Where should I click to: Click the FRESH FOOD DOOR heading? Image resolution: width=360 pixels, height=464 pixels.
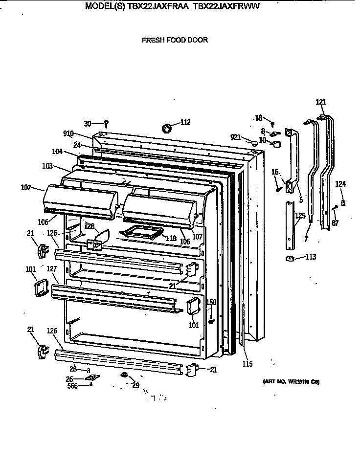pyautogui.click(x=175, y=40)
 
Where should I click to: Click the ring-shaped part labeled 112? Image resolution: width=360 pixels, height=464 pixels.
pyautogui.click(x=167, y=128)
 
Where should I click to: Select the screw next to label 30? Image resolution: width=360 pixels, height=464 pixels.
pyautogui.click(x=106, y=124)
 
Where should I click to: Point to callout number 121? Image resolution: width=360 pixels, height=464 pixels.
pyautogui.click(x=320, y=102)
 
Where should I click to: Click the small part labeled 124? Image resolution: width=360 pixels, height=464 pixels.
pyautogui.click(x=343, y=202)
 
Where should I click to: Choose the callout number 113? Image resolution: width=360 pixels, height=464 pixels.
pyautogui.click(x=311, y=257)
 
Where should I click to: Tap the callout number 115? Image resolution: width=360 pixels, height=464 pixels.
pyautogui.click(x=248, y=363)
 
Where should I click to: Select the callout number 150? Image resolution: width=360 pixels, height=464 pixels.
pyautogui.click(x=211, y=303)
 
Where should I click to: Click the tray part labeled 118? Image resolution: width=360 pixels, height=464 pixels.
pyautogui.click(x=142, y=233)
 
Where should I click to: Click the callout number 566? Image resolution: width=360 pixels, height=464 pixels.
pyautogui.click(x=72, y=385)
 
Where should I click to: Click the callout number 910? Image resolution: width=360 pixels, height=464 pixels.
pyautogui.click(x=68, y=133)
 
